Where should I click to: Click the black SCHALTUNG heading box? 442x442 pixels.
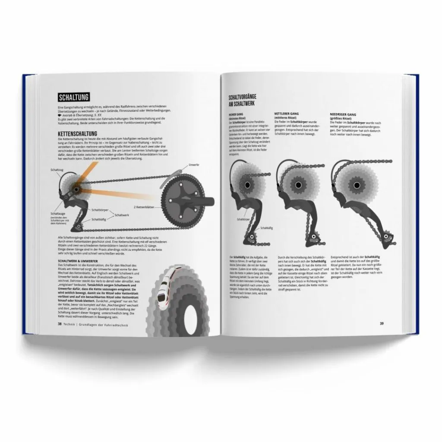click(x=74, y=98)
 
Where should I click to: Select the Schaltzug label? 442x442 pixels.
click(x=57, y=170)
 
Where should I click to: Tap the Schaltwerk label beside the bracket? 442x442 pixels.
click(x=123, y=215)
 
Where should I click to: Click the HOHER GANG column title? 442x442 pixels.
click(x=237, y=115)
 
